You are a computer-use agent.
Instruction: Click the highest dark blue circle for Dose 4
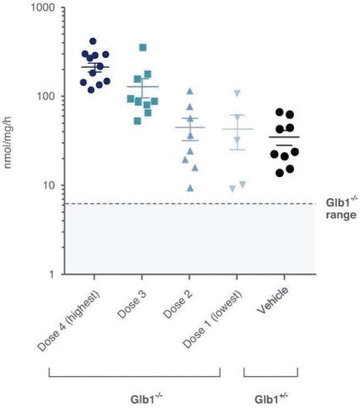click(x=93, y=41)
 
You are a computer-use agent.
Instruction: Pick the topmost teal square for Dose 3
click(x=143, y=47)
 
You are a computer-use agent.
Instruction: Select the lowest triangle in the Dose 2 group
click(x=191, y=188)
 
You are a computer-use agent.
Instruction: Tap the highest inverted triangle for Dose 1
click(x=238, y=93)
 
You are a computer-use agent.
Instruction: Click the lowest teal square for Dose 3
click(x=138, y=121)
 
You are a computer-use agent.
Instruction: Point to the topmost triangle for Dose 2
click(x=190, y=90)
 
